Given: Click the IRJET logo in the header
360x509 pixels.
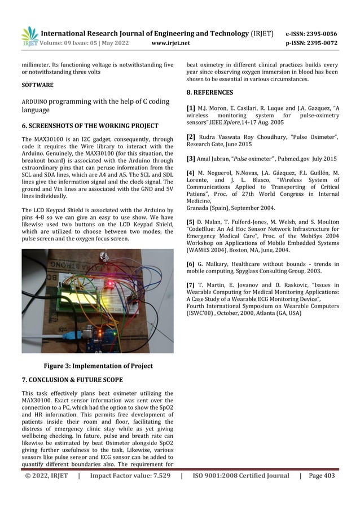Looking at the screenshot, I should (x=29, y=36).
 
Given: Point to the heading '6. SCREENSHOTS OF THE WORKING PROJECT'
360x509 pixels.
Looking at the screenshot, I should (x=90, y=125).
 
